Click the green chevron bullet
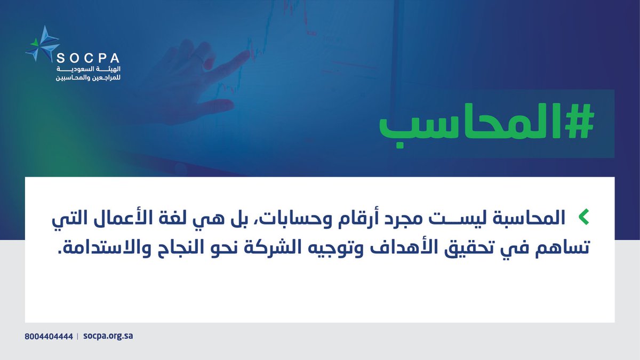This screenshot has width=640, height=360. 585,217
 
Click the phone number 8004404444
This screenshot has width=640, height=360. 49,337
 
